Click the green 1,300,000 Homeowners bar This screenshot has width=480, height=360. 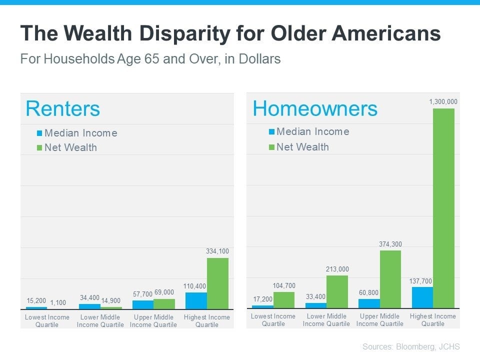(443, 208)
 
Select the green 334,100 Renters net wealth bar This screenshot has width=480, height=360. (217, 283)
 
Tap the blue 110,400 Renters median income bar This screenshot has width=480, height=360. (196, 300)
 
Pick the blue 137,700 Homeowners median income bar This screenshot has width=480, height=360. (422, 297)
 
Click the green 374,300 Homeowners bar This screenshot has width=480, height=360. (390, 279)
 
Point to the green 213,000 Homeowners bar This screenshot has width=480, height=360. (337, 291)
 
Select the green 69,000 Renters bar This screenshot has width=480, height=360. (164, 304)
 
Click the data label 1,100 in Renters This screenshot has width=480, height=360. (58, 302)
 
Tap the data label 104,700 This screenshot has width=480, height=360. (284, 285)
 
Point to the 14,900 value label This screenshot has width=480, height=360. (111, 300)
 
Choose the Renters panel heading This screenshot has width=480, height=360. (62, 108)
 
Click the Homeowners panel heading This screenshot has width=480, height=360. (315, 108)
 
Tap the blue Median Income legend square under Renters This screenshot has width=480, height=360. (39, 133)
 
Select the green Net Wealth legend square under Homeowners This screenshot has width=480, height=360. (271, 147)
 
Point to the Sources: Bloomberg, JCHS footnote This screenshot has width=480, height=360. (411, 346)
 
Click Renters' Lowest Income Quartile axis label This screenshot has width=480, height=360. (47, 320)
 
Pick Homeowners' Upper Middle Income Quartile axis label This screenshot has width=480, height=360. (379, 319)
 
